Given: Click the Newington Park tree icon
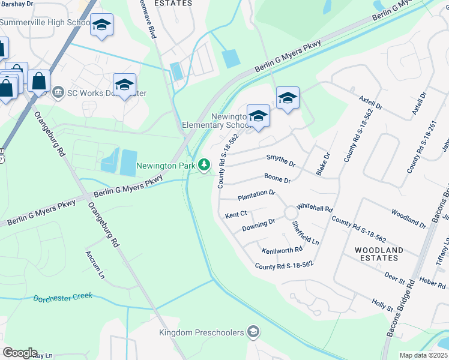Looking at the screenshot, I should coord(205,164).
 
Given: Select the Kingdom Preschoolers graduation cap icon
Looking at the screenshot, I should coord(254,332).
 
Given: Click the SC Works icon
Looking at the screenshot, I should coord(58,92).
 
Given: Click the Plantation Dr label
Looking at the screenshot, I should coord(256,195).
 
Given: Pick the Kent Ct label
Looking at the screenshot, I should coord(236,214).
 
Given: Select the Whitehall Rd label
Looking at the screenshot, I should coord(315,207).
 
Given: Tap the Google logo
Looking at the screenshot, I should coord(20,352).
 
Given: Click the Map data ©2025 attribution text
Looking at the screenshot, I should coord(423,355).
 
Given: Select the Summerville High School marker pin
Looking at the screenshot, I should coord(101,26).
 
